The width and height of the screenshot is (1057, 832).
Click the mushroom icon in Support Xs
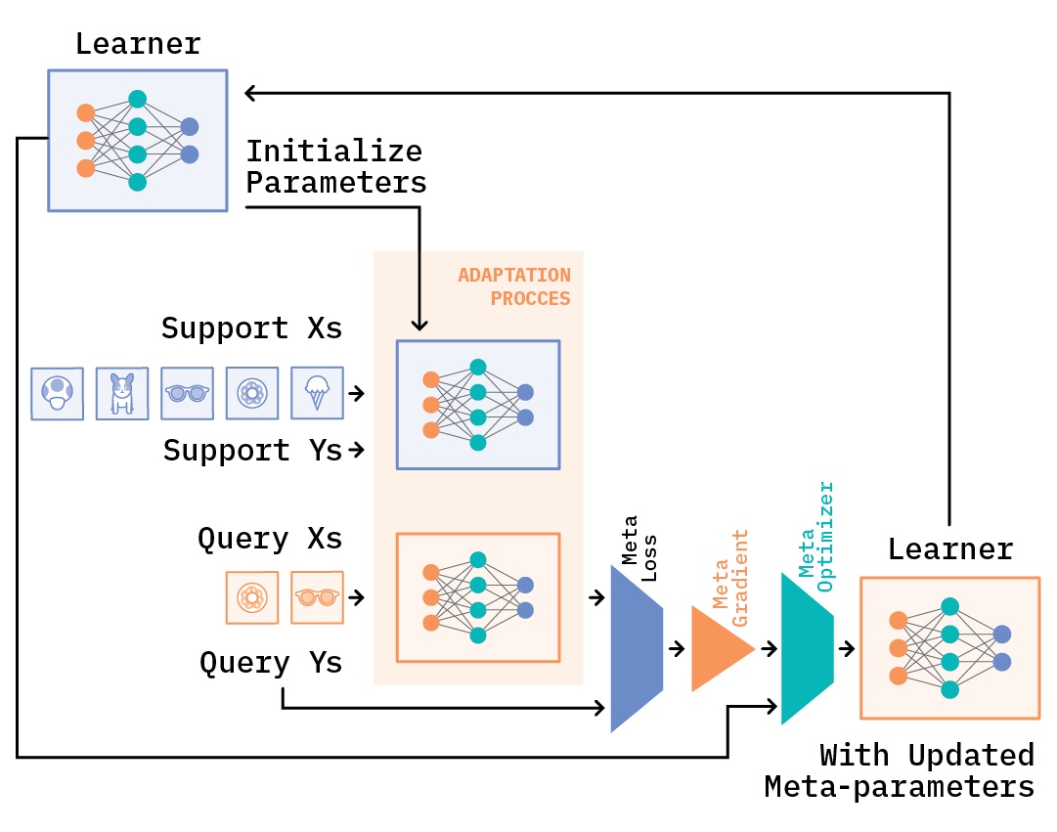(x=57, y=394)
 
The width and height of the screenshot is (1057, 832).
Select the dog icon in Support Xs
(x=122, y=394)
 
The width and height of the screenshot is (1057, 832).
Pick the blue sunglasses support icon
(x=187, y=394)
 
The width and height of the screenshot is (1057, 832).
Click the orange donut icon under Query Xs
(x=251, y=597)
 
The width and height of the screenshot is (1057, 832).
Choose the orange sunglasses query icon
(x=318, y=597)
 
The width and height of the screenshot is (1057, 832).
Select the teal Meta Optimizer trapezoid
(x=807, y=648)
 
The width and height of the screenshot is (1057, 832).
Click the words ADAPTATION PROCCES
(x=515, y=286)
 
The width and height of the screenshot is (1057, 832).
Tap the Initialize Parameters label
(x=335, y=167)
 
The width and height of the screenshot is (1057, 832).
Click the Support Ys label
(x=252, y=451)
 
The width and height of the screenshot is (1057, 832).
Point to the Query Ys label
(x=271, y=663)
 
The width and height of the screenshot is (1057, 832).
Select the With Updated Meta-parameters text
(x=900, y=771)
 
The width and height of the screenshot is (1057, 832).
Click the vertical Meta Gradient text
(x=730, y=569)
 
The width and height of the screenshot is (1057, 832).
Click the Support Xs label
(x=251, y=328)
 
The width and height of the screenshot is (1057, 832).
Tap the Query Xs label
(x=270, y=539)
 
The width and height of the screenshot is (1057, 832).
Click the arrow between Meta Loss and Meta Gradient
(x=677, y=648)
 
